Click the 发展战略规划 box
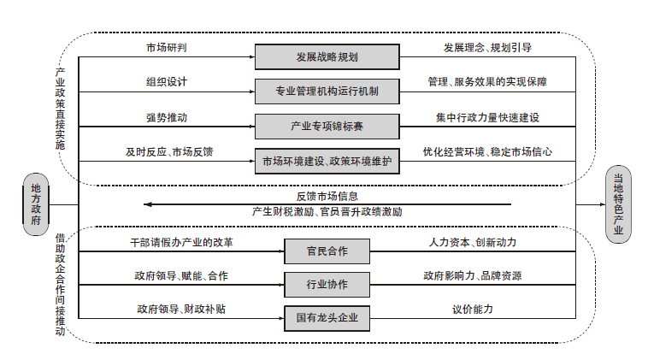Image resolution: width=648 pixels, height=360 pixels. click(x=327, y=58)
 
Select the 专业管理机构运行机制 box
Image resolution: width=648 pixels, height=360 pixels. click(x=327, y=91)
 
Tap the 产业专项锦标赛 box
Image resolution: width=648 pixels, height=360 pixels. click(x=327, y=126)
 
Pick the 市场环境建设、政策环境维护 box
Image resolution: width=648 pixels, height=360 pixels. click(x=327, y=161)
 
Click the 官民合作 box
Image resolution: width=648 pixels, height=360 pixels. click(x=327, y=251)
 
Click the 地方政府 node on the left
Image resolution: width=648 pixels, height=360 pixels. click(x=35, y=204)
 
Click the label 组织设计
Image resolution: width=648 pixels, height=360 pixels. click(x=167, y=82)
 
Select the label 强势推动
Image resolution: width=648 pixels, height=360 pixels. click(x=167, y=117)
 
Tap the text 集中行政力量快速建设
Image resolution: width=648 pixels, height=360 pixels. click(x=486, y=117)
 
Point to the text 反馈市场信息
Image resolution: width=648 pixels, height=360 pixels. click(x=327, y=196)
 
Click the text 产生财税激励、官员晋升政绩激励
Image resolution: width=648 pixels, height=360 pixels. click(x=327, y=211)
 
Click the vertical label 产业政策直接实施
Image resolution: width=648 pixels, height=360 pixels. click(x=61, y=109)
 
